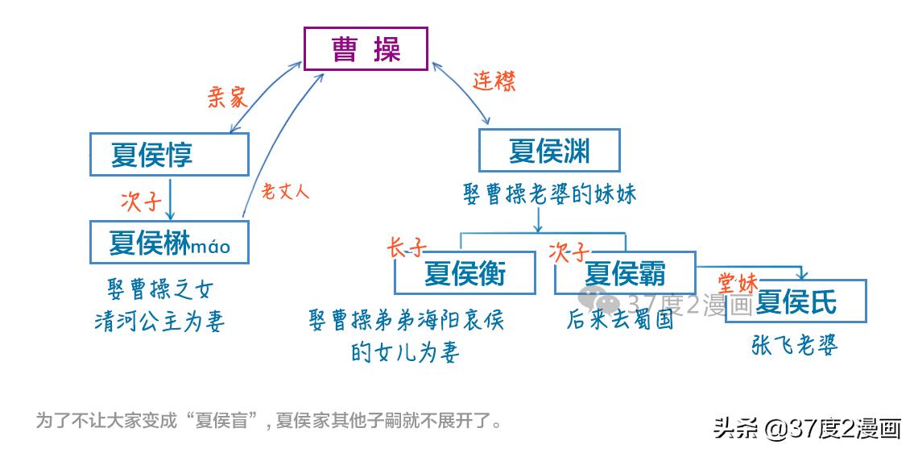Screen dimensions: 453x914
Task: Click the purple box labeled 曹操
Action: point(366,49)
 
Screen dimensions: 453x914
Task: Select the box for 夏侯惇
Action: point(168,154)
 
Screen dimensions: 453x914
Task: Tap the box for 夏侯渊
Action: point(549,149)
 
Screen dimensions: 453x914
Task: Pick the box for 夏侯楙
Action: point(168,242)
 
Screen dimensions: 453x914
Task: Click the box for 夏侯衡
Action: point(465,273)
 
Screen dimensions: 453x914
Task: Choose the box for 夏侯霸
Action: point(625,273)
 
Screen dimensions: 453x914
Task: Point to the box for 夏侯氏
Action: point(796,301)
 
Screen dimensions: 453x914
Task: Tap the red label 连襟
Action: point(493,81)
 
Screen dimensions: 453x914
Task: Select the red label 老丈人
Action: point(285,192)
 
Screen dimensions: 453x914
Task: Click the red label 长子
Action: point(406,247)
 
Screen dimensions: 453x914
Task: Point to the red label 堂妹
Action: point(737,282)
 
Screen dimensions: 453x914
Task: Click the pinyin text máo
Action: point(210,246)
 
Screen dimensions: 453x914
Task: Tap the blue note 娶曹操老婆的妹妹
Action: point(549,194)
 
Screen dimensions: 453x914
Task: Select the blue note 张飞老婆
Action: point(795,345)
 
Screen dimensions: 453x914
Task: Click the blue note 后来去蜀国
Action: point(619,320)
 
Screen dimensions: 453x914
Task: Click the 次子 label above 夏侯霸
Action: point(569,251)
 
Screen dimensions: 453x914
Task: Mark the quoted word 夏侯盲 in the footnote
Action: point(226,421)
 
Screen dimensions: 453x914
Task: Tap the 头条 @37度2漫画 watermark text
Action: point(806,428)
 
